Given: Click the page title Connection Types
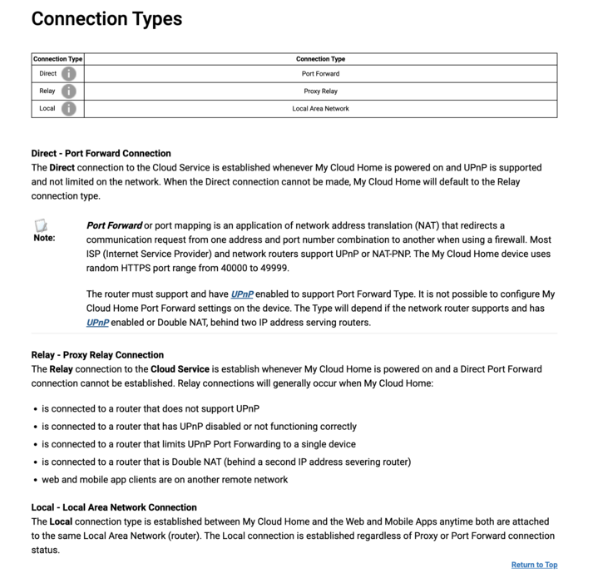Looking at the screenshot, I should click(106, 18).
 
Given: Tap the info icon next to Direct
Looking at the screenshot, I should click(68, 74).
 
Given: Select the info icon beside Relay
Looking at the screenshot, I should click(68, 91).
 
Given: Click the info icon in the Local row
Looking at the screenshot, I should click(68, 109).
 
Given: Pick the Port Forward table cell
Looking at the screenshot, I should click(320, 74).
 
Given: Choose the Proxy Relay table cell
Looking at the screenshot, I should click(320, 91).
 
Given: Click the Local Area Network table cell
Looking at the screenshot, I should click(320, 109).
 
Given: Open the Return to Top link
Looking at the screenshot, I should click(534, 566).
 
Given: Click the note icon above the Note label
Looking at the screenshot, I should click(41, 225).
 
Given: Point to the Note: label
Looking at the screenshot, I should click(44, 238).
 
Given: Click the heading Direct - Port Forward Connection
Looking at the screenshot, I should click(101, 153).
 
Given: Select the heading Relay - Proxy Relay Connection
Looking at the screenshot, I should click(97, 355).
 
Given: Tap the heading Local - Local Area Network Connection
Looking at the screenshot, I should click(114, 507).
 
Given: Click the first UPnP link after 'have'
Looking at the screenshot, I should click(242, 294).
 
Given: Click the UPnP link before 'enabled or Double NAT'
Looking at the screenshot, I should click(97, 323).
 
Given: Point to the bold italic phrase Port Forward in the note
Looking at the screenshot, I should click(114, 225).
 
